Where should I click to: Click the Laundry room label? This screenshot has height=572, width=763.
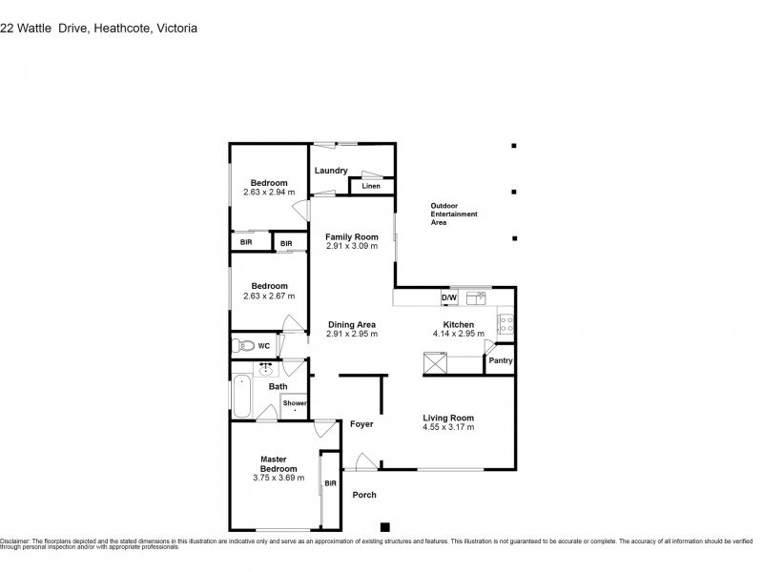click(331, 172)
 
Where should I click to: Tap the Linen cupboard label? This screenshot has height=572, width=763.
click(371, 186)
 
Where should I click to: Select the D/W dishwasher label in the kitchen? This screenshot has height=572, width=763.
click(448, 298)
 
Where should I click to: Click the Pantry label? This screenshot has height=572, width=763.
click(500, 360)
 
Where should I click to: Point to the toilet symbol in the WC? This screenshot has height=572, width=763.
click(243, 345)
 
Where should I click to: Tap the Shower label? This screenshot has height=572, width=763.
click(294, 404)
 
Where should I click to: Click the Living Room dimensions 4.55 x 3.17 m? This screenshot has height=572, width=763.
click(448, 427)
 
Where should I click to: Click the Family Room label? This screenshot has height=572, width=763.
click(352, 236)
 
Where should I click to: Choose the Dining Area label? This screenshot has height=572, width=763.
click(352, 324)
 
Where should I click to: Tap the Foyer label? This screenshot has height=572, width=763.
click(361, 423)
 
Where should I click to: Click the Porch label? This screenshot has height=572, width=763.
click(364, 495)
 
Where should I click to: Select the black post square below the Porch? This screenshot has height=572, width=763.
click(385, 526)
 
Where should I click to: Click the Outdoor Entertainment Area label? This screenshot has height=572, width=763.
click(453, 214)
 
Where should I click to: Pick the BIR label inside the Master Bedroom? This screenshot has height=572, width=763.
click(330, 484)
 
